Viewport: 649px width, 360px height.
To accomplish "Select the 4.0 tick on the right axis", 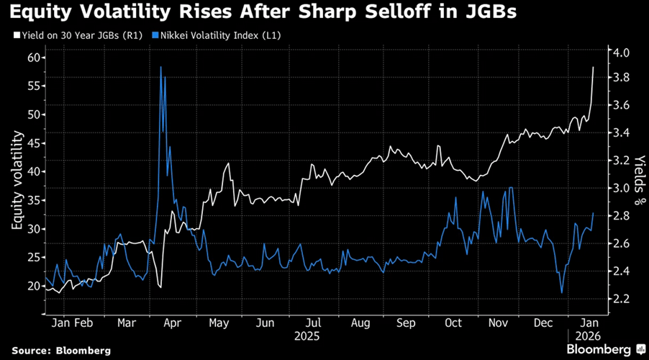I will coord(622,53).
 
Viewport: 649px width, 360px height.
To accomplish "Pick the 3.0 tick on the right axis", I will coord(622,188).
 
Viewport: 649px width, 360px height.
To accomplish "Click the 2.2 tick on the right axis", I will coord(622,298).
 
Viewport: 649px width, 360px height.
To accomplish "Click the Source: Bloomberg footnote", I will coord(60,350).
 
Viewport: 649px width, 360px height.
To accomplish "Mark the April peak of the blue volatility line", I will coord(160,67).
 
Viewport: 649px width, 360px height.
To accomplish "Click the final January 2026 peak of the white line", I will coord(594,67).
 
